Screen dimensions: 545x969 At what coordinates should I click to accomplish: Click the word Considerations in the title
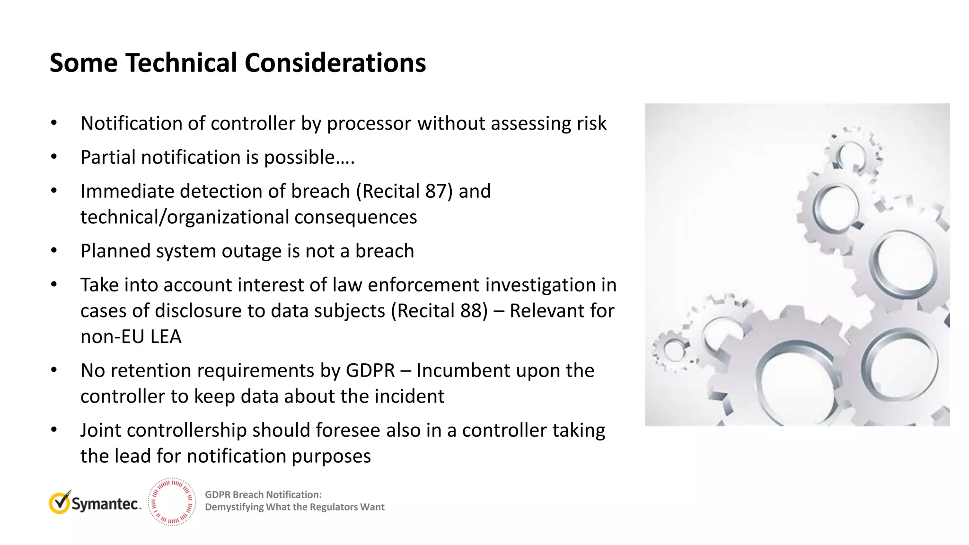click(335, 63)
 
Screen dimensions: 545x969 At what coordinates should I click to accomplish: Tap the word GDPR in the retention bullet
click(370, 370)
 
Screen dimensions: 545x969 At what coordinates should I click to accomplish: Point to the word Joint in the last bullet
click(100, 431)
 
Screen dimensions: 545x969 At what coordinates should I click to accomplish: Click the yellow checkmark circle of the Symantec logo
click(60, 503)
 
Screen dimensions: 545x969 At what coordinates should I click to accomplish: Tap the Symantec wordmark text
click(105, 504)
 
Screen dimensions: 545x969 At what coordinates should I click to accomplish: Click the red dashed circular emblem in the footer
click(172, 502)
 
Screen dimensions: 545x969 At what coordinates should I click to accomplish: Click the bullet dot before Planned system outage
click(54, 251)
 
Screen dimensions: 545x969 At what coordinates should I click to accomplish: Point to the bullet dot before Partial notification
click(54, 157)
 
